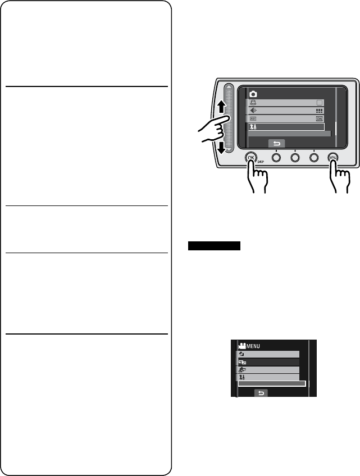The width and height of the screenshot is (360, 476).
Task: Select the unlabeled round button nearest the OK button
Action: click(x=276, y=158)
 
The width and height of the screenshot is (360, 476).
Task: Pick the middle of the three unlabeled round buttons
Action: click(x=295, y=158)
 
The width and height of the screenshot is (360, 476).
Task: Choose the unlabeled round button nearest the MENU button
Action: click(x=314, y=158)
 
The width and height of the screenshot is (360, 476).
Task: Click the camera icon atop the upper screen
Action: click(x=254, y=93)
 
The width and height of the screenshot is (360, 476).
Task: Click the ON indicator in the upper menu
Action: click(x=320, y=119)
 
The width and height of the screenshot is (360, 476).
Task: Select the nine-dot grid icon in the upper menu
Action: click(x=320, y=111)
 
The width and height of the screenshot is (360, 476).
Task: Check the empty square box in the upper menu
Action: click(x=320, y=103)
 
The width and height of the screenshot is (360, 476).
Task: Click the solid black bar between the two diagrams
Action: click(x=213, y=246)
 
